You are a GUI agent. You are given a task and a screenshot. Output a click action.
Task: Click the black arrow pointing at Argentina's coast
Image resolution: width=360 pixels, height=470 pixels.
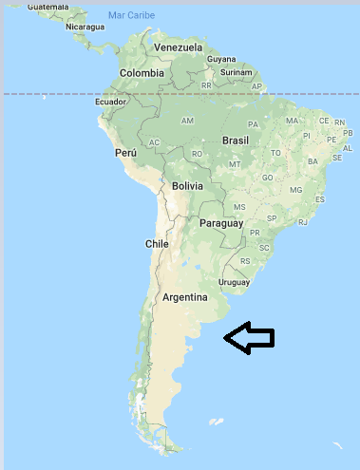pos(249,337)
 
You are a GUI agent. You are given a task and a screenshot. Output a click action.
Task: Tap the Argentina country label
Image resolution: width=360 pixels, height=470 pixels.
pos(184,297)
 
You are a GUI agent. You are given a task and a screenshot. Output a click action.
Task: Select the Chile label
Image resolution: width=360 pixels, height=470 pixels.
pos(156,244)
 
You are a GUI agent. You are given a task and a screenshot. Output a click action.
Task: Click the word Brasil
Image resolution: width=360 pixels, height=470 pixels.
pos(235,140)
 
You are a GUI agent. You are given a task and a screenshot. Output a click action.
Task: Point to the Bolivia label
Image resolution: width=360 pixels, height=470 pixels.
pos(187,186)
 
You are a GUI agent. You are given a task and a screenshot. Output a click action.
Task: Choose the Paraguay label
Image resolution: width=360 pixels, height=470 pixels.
pos(221,224)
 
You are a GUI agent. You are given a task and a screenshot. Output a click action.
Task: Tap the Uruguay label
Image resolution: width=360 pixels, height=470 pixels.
pos(234,282)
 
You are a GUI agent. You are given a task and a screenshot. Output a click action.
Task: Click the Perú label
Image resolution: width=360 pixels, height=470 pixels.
pos(126,152)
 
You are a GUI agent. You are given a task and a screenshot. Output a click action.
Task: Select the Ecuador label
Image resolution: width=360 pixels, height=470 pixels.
pos(110,102)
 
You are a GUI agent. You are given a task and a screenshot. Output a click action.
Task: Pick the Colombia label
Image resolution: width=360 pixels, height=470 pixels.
pos(142,73)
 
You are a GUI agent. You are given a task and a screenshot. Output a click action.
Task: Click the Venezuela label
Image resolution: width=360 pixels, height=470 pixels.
pos(178,47)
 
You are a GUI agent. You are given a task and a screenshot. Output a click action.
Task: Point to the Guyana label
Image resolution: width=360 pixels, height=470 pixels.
pos(221,59)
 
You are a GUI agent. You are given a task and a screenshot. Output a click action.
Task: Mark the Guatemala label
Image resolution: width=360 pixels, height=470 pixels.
pos(47,7)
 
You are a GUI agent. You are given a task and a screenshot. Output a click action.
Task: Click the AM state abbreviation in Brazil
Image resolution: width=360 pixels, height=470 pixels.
pos(187,121)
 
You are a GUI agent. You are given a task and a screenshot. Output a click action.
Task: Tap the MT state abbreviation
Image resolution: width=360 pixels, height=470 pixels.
pos(235,164)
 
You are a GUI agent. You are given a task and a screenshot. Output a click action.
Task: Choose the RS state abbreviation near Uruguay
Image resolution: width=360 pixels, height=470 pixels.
pos(245,260)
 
